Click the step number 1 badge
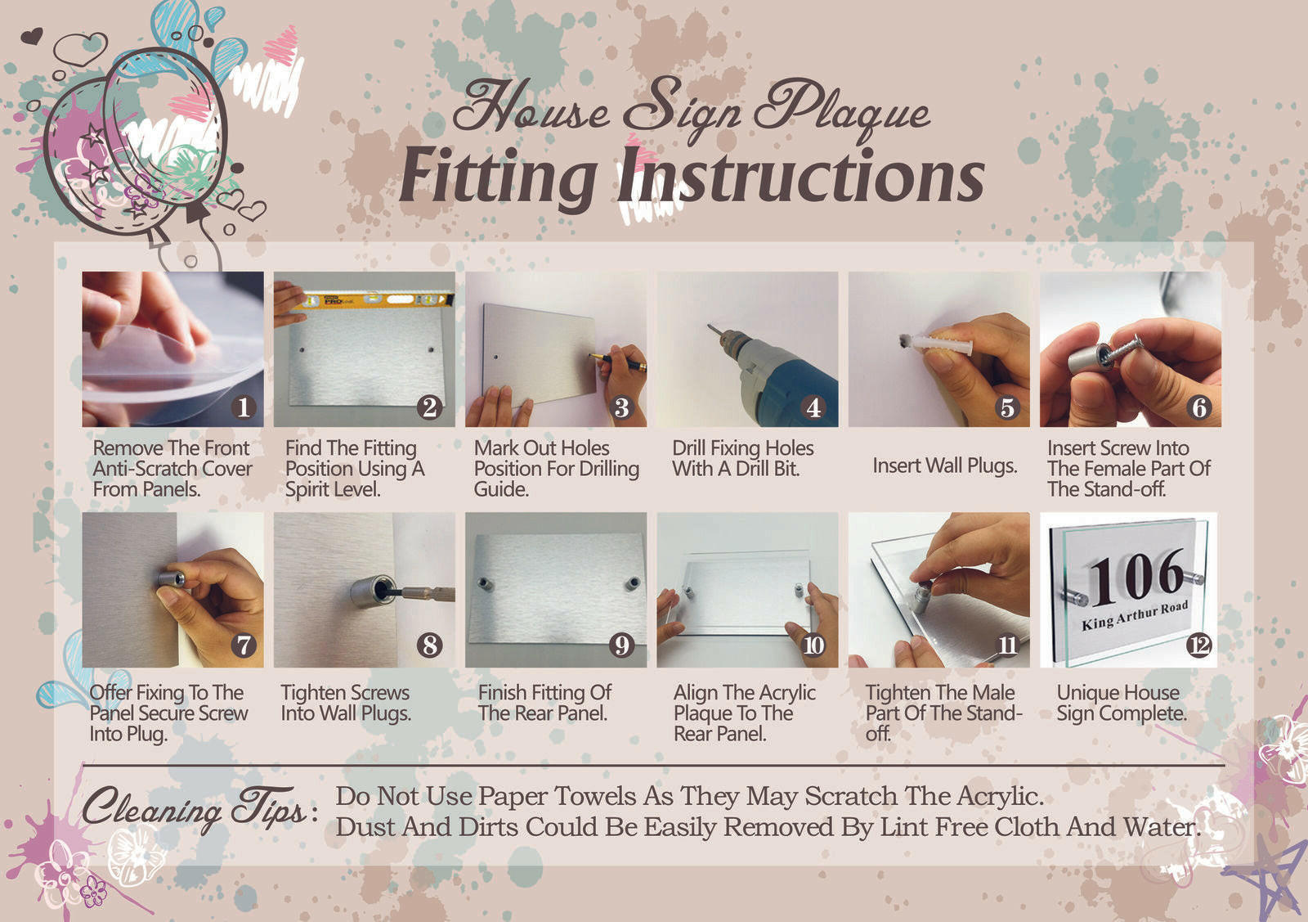[244, 407]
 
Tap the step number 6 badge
[1199, 407]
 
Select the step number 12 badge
[1198, 645]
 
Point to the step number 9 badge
[621, 645]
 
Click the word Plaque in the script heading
[841, 108]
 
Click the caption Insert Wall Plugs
[945, 465]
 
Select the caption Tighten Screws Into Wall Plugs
[346, 703]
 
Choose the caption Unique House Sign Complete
[1121, 703]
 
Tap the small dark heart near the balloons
[32, 36]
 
